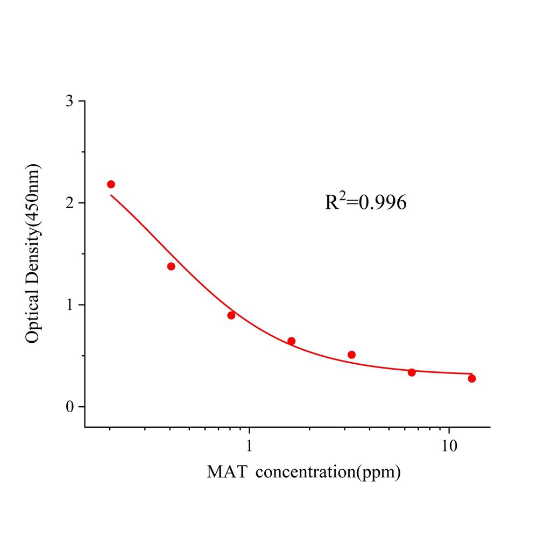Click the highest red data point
pyautogui.click(x=111, y=184)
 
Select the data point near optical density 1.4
pyautogui.click(x=171, y=266)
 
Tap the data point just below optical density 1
pyautogui.click(x=231, y=315)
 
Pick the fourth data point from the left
pyautogui.click(x=291, y=341)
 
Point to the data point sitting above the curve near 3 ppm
pyautogui.click(x=351, y=355)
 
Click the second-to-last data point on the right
pyautogui.click(x=412, y=372)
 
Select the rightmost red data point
pyautogui.click(x=472, y=378)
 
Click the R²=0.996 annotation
pyautogui.click(x=365, y=202)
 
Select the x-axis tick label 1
pyautogui.click(x=249, y=446)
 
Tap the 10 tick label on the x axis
pyautogui.click(x=449, y=446)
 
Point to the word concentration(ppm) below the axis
pyautogui.click(x=328, y=472)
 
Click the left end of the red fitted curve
pyautogui.click(x=111, y=195)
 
